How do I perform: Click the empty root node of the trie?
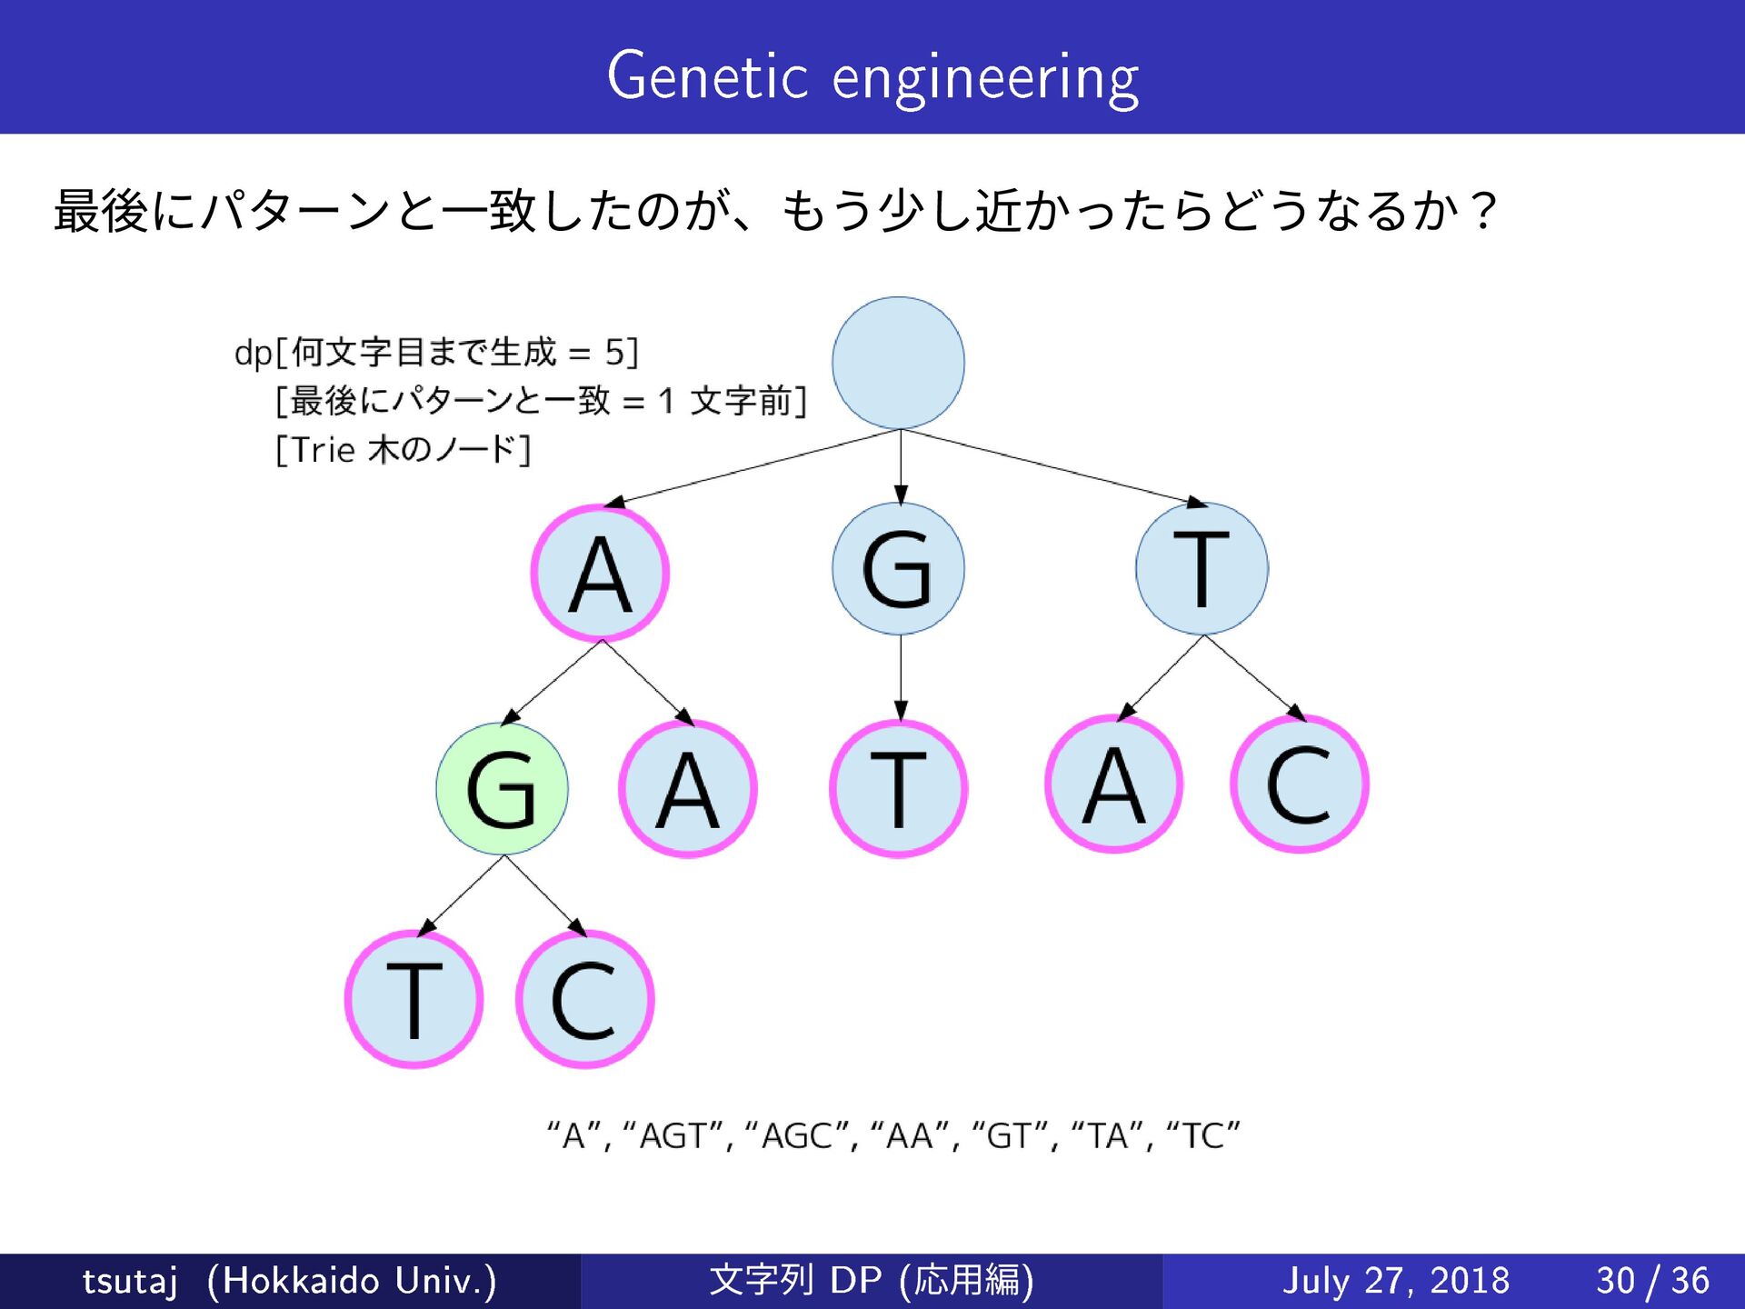point(898,363)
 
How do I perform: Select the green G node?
point(502,788)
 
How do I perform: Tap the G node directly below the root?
point(898,569)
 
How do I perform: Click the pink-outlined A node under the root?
point(600,574)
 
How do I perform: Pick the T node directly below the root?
point(1202,569)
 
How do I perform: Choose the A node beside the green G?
point(688,789)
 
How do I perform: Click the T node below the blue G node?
point(898,789)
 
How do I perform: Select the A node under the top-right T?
point(1114,784)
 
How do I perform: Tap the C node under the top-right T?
point(1300,784)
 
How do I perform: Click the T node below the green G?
point(414,999)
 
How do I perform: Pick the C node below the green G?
point(585,999)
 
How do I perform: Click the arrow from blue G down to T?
point(901,677)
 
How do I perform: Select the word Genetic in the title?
point(707,76)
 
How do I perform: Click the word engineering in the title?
point(985,78)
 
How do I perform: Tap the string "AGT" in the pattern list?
point(673,1135)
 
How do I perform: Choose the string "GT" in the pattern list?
point(1010,1135)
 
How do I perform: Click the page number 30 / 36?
point(1652,1281)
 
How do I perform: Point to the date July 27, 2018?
point(1395,1281)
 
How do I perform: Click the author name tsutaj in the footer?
point(130,1281)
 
